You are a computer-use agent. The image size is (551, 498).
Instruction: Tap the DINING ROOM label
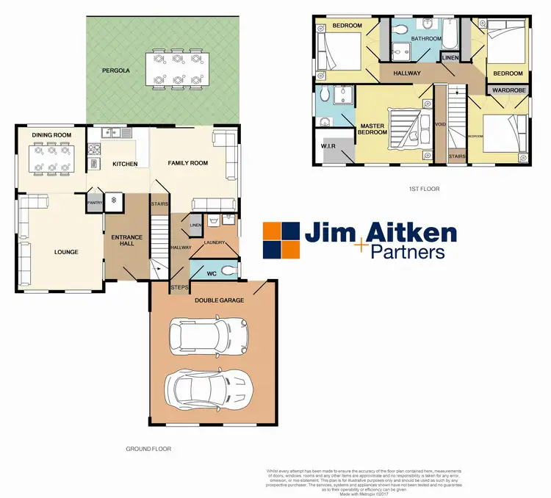coord(51,135)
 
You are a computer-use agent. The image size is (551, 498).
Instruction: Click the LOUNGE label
coord(65,252)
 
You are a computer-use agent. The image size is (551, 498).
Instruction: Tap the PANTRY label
coord(94,202)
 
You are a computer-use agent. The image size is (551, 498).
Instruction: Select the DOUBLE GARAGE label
coord(220,300)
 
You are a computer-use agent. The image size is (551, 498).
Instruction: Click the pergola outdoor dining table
coord(175,67)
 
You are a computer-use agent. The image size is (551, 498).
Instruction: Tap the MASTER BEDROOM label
coord(372,130)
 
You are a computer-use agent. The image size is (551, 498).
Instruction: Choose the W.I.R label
coord(328,147)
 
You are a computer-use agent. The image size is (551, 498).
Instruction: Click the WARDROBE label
coord(507,90)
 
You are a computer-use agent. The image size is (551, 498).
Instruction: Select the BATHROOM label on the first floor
coord(426,38)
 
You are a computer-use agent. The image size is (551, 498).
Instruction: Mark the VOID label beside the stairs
coord(441,124)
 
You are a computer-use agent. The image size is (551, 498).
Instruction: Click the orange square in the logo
coord(273,231)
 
